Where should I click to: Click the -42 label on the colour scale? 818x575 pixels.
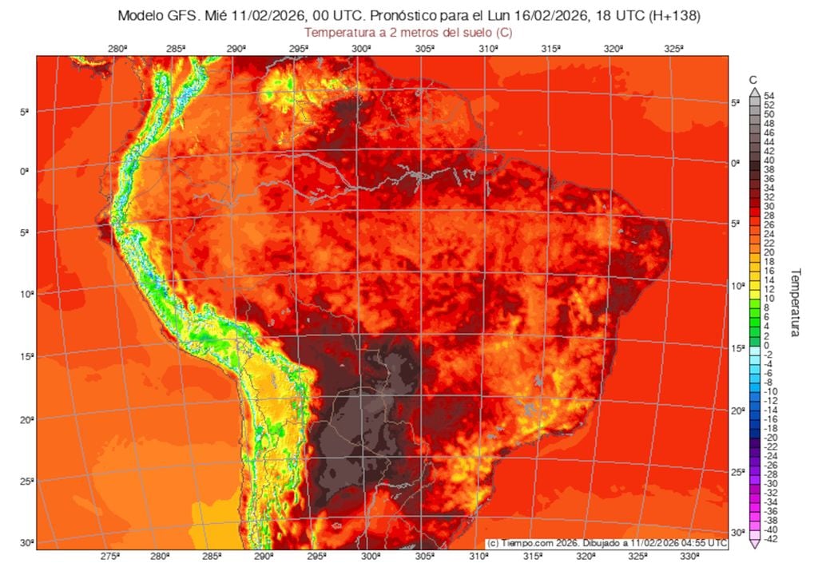770,540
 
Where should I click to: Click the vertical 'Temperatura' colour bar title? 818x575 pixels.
796,302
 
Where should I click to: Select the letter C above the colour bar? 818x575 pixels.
753,80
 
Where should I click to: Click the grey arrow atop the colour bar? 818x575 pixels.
753,92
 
